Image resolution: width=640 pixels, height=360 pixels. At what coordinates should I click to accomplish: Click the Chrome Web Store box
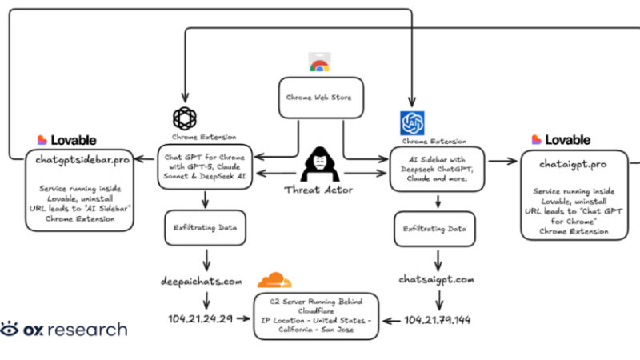pyautogui.click(x=320, y=98)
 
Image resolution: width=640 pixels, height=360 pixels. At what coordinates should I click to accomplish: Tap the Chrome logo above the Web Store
pyautogui.click(x=319, y=63)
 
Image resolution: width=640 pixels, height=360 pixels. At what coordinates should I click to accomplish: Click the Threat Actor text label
pyautogui.click(x=319, y=190)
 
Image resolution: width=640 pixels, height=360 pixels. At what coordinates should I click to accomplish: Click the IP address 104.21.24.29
pyautogui.click(x=201, y=319)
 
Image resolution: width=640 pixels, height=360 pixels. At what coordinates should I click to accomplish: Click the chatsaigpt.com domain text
pyautogui.click(x=437, y=280)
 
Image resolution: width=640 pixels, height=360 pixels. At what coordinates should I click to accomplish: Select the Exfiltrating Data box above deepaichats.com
pyautogui.click(x=206, y=227)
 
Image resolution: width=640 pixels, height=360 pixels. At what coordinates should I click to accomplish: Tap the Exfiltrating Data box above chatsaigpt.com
pyautogui.click(x=435, y=228)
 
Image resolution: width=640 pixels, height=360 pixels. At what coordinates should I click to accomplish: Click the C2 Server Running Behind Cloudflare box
pyautogui.click(x=316, y=315)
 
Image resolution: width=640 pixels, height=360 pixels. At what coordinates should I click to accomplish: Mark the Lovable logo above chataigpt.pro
pyautogui.click(x=561, y=140)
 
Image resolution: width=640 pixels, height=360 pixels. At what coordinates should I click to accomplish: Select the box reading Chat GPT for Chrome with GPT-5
pyautogui.click(x=206, y=166)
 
